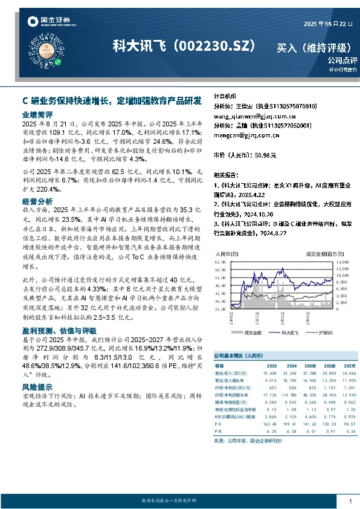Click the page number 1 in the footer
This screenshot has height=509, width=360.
click(x=350, y=502)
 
